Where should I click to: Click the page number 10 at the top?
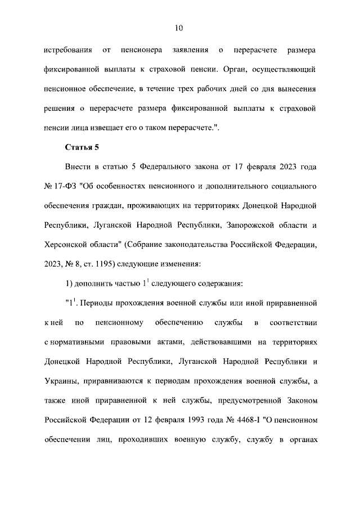coord(179,28)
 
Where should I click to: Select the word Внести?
coord(80,168)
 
